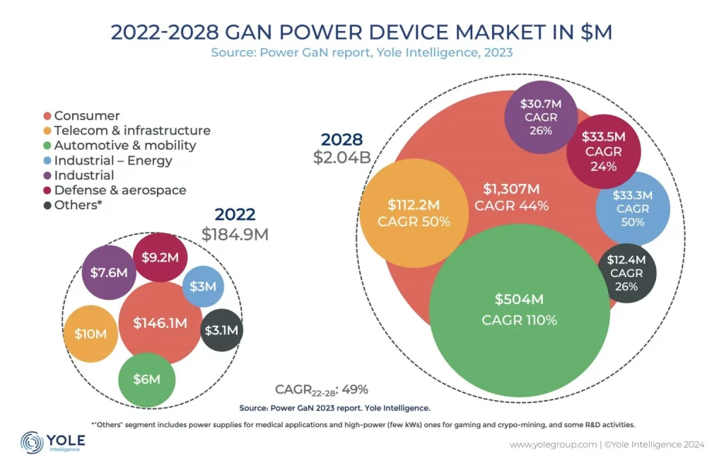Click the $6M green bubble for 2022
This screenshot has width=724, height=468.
click(x=146, y=379)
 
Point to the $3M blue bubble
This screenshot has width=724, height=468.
click(x=204, y=286)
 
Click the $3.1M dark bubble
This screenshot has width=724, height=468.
click(x=222, y=329)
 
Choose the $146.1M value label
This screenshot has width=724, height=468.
click(x=161, y=323)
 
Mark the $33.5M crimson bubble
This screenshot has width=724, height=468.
click(x=602, y=151)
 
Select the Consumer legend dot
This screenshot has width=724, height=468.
click(x=47, y=116)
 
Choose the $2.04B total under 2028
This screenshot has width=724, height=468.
click(x=342, y=157)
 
